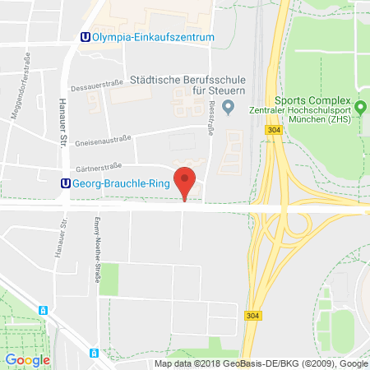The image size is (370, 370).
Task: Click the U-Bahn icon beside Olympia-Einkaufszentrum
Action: (85, 37)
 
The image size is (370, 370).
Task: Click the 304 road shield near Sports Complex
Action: (273, 129)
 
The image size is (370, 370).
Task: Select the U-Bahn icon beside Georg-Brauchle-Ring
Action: (67, 184)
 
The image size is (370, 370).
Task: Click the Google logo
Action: (27, 359)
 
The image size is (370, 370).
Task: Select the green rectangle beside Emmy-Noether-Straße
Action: (109, 280)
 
